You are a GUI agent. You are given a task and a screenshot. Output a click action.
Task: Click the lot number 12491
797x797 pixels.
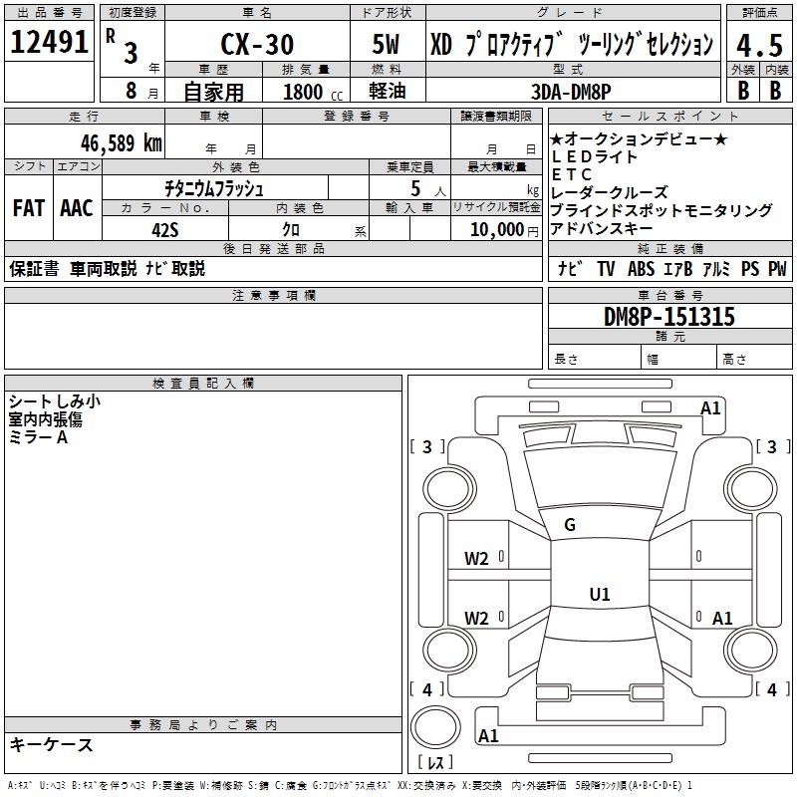click(x=49, y=43)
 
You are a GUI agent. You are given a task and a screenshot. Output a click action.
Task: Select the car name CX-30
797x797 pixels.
click(x=255, y=44)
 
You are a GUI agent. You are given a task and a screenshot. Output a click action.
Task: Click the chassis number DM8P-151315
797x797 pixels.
click(x=669, y=318)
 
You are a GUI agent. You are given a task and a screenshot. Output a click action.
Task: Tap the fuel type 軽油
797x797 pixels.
click(x=386, y=91)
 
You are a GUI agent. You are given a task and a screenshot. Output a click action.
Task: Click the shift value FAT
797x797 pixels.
click(x=29, y=207)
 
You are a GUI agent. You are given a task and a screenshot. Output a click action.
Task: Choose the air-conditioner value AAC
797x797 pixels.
click(x=77, y=207)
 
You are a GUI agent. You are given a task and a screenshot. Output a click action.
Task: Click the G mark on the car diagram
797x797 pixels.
click(x=570, y=525)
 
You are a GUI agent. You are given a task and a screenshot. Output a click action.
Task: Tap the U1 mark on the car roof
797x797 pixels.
click(x=599, y=595)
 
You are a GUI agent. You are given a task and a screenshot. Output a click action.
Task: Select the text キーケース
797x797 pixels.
click(x=51, y=744)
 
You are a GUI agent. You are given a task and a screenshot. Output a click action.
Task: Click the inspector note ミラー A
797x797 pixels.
click(x=38, y=437)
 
